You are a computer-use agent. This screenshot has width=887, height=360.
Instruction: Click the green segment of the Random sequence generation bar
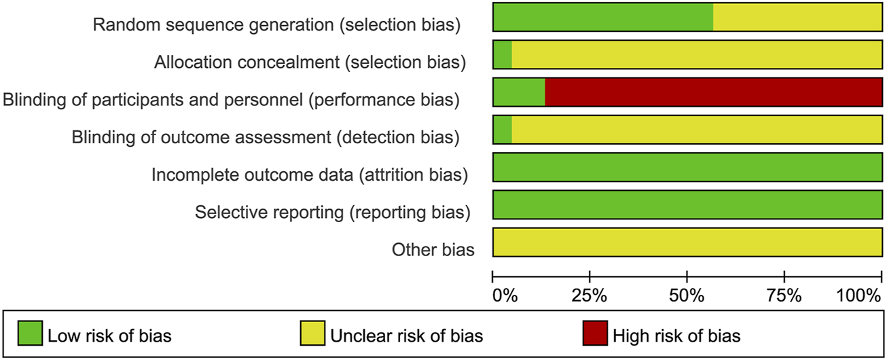point(603,17)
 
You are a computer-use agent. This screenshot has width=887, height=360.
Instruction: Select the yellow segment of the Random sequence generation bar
point(797,17)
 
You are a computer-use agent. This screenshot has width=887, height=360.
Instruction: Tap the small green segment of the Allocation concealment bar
point(503,54)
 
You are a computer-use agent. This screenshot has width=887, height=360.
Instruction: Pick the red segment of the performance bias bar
point(713,92)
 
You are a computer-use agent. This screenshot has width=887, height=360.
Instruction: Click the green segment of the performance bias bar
point(519,92)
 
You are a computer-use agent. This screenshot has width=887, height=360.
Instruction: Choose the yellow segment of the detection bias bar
point(697,130)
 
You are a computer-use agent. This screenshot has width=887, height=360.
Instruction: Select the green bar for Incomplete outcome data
point(687,167)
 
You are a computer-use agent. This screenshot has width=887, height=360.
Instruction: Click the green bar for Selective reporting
point(687,205)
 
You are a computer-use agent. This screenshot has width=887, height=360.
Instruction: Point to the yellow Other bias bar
point(687,242)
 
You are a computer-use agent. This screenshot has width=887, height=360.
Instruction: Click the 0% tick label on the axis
point(505,296)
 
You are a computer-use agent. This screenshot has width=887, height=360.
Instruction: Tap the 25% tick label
point(590,296)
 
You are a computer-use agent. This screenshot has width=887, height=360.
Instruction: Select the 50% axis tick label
point(687,296)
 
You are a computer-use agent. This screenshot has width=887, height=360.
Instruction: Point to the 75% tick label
point(784,296)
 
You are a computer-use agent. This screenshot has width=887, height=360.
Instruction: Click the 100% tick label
point(858,296)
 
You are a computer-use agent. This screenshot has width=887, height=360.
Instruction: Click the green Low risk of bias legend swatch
point(28,334)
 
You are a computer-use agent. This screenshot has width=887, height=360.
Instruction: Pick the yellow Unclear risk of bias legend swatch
point(311,334)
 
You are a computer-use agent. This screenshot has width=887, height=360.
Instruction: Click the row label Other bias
point(433,250)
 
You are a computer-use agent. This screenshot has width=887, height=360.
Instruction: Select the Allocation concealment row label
point(310,62)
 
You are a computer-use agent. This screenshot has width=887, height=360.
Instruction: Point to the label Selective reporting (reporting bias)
point(332,213)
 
